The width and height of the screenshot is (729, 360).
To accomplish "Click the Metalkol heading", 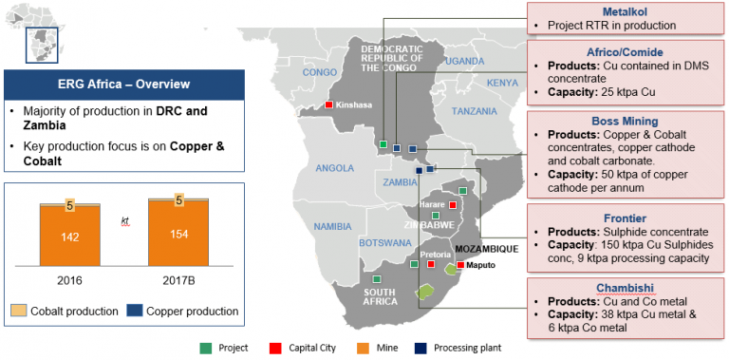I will click(x=617, y=9).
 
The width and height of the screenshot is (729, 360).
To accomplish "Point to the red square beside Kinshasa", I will click(x=328, y=104).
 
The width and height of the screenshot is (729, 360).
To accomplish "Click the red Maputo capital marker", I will click(x=460, y=265).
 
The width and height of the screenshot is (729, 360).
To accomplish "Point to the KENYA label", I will click(x=502, y=83).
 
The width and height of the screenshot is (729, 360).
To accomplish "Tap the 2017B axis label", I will click(x=178, y=282).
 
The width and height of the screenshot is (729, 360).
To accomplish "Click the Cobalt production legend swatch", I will click(x=18, y=311).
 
